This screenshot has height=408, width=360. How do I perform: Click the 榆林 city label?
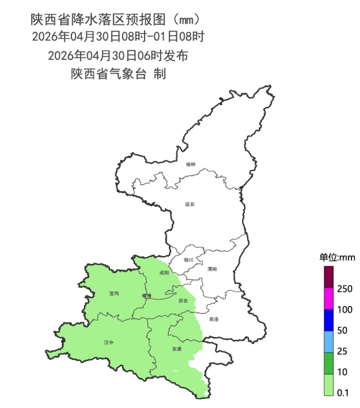(191, 164)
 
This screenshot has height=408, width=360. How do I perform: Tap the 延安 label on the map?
(190, 204)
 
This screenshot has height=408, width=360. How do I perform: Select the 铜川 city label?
(189, 260)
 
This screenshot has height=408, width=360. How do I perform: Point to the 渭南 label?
(212, 269)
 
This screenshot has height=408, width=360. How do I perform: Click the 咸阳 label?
(164, 273)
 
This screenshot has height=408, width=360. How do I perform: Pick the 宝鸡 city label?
(113, 293)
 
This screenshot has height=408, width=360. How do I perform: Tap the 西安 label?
(184, 301)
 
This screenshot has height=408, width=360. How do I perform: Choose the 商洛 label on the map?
(214, 319)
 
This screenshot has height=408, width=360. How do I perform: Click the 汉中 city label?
(109, 342)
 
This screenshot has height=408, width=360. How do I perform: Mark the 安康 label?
(177, 349)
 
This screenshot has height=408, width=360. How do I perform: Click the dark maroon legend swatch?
(329, 276)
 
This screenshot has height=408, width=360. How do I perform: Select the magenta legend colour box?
(329, 298)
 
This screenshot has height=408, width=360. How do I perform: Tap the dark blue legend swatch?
(329, 320)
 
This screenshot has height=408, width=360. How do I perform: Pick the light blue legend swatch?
(329, 341)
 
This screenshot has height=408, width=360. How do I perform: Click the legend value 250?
(344, 288)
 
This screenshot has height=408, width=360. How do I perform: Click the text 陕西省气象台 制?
(118, 74)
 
